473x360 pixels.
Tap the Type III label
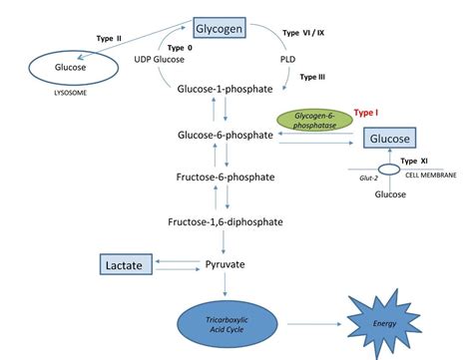point(314,76)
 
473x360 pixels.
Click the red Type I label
point(369,114)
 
